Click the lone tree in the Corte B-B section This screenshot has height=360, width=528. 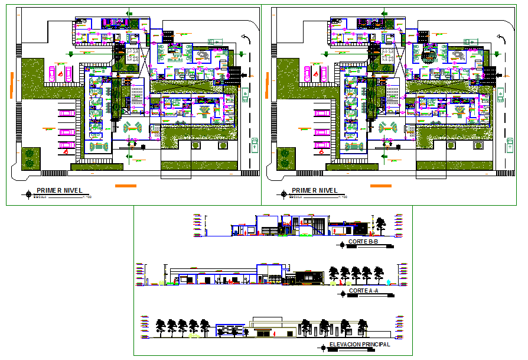point(381,225)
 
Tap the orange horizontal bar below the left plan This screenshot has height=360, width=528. point(125,186)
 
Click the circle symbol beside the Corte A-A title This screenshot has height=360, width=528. point(342,292)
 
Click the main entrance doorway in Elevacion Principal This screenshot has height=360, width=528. point(260,334)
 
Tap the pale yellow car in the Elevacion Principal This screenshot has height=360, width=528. point(194,336)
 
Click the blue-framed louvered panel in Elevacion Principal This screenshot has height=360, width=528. point(230,329)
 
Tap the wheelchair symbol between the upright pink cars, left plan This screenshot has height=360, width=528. point(61,73)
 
